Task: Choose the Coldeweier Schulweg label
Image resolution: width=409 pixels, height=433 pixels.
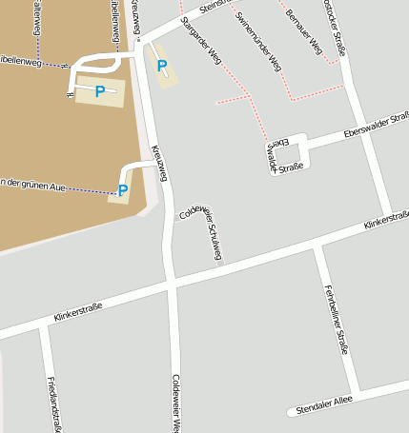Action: [x=202, y=231]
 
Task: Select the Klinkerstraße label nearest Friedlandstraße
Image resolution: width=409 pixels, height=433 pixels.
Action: [x=78, y=311]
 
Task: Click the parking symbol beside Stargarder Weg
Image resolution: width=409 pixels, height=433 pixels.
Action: [x=162, y=67]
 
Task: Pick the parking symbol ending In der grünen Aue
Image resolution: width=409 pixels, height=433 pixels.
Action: [x=122, y=190]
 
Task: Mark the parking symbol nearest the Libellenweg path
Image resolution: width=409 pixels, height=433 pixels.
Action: [x=99, y=91]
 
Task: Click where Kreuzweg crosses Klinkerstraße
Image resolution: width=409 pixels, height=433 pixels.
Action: [x=171, y=284]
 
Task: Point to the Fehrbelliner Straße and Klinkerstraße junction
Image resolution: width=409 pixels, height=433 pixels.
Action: [x=319, y=246]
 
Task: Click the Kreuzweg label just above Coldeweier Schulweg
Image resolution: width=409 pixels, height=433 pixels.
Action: [x=160, y=163]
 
